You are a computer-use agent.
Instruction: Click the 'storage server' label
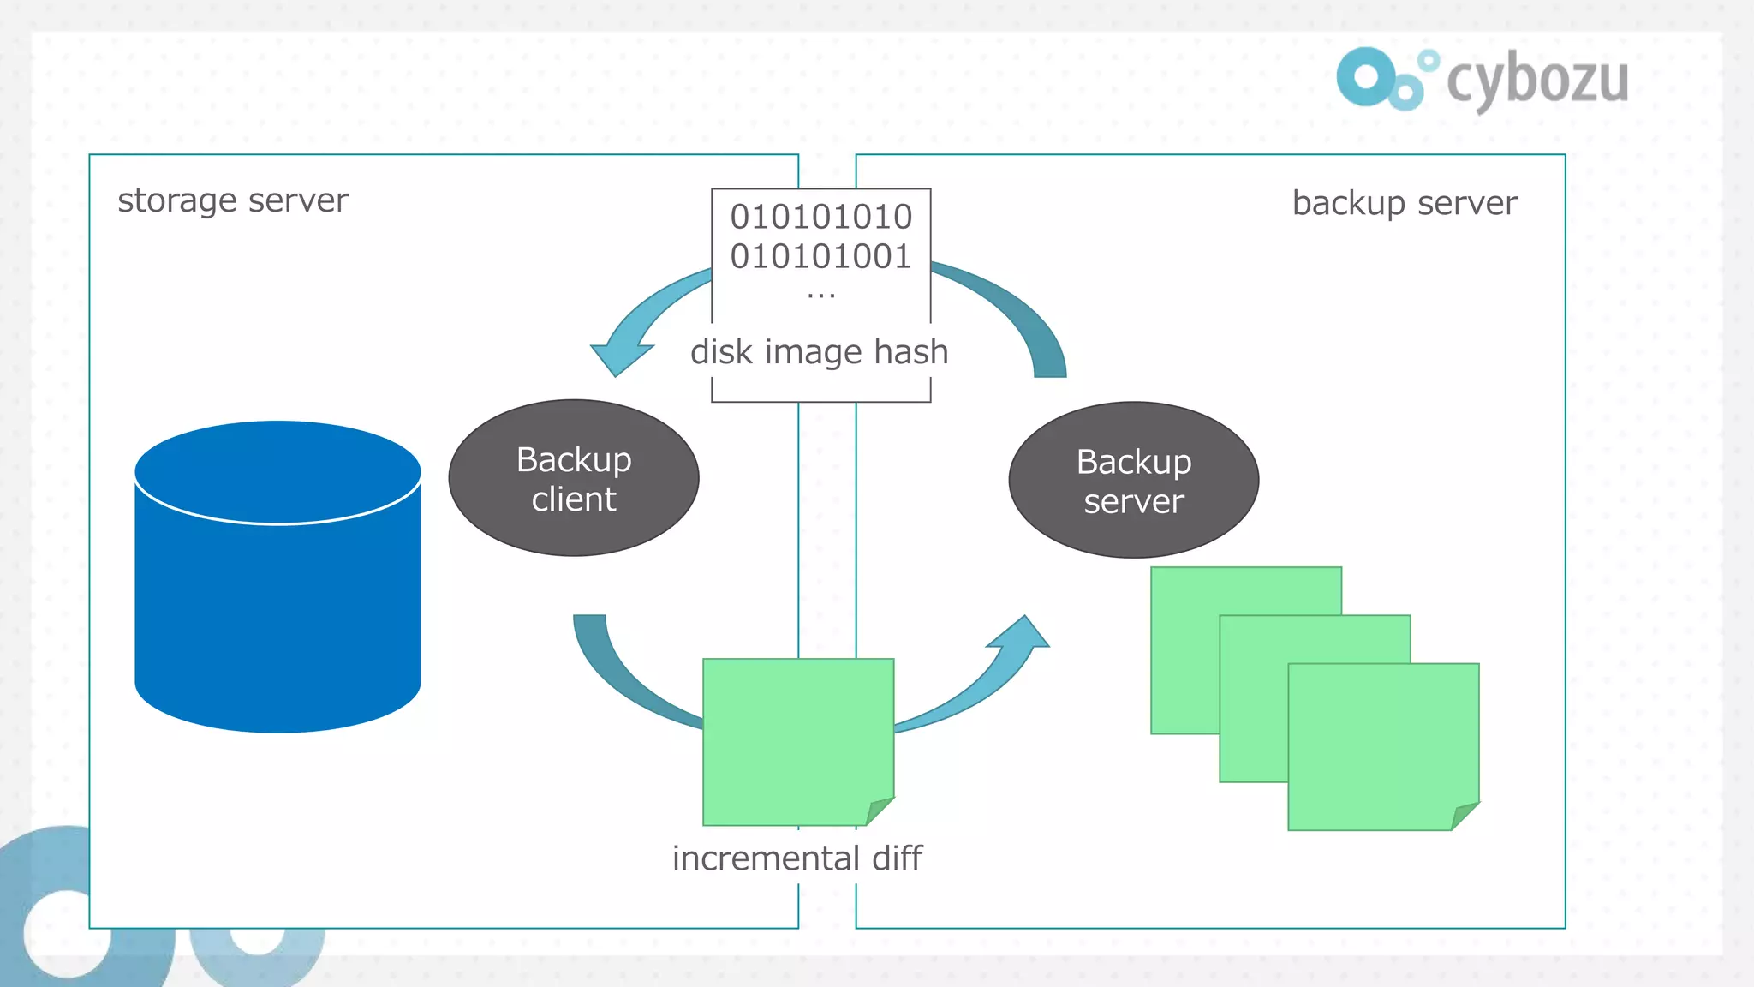click(233, 200)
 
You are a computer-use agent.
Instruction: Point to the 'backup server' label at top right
click(1405, 203)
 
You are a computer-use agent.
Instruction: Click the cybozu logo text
click(1537, 80)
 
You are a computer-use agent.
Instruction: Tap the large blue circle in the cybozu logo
click(1366, 77)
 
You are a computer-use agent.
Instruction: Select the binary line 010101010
click(820, 217)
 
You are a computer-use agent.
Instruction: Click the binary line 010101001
click(820, 256)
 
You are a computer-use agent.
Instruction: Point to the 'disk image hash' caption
click(820, 352)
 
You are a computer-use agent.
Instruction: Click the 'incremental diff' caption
click(796, 858)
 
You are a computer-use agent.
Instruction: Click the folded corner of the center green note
click(877, 811)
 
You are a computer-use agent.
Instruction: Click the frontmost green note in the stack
click(1379, 741)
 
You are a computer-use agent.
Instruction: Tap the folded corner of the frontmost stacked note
click(1463, 815)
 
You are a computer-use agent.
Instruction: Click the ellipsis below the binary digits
click(820, 296)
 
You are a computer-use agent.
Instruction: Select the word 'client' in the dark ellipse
click(573, 499)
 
